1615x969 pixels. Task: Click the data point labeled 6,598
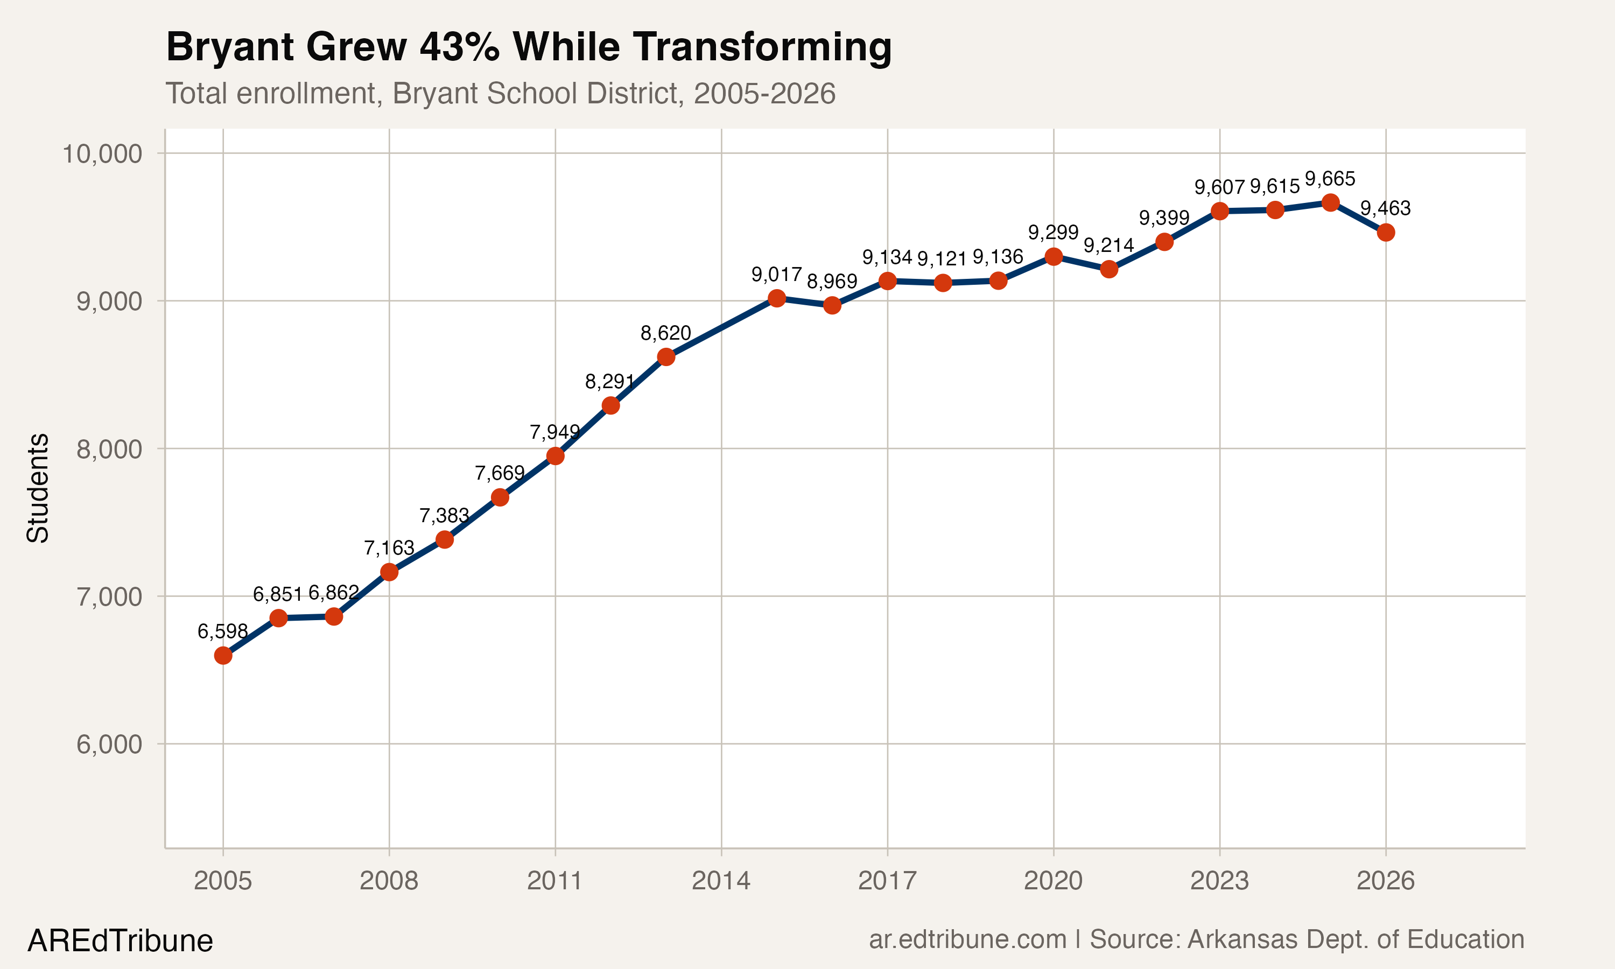click(223, 655)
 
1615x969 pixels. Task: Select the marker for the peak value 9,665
click(1330, 202)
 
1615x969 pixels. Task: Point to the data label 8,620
click(665, 333)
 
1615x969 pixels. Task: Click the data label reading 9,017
click(776, 274)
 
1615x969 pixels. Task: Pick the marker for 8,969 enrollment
click(832, 305)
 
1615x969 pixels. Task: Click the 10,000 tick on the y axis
click(101, 154)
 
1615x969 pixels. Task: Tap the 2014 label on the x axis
click(721, 881)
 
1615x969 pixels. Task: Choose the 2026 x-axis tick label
click(1385, 881)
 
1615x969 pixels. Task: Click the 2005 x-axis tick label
click(223, 881)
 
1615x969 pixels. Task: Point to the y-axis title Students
click(38, 488)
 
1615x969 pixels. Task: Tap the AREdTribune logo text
click(120, 941)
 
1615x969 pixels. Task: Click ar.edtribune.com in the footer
click(967, 939)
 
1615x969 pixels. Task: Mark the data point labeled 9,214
click(1108, 269)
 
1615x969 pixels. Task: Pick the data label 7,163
click(389, 547)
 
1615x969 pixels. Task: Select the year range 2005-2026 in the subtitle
click(764, 93)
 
